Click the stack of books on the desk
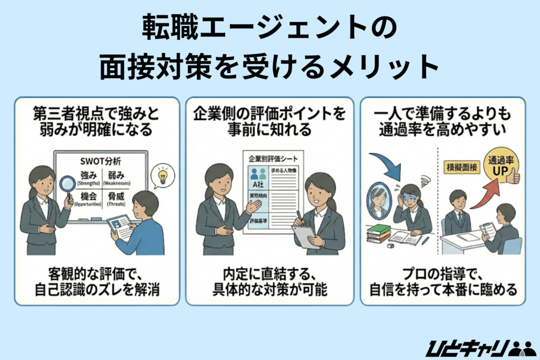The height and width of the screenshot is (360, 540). tap(378, 233)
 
